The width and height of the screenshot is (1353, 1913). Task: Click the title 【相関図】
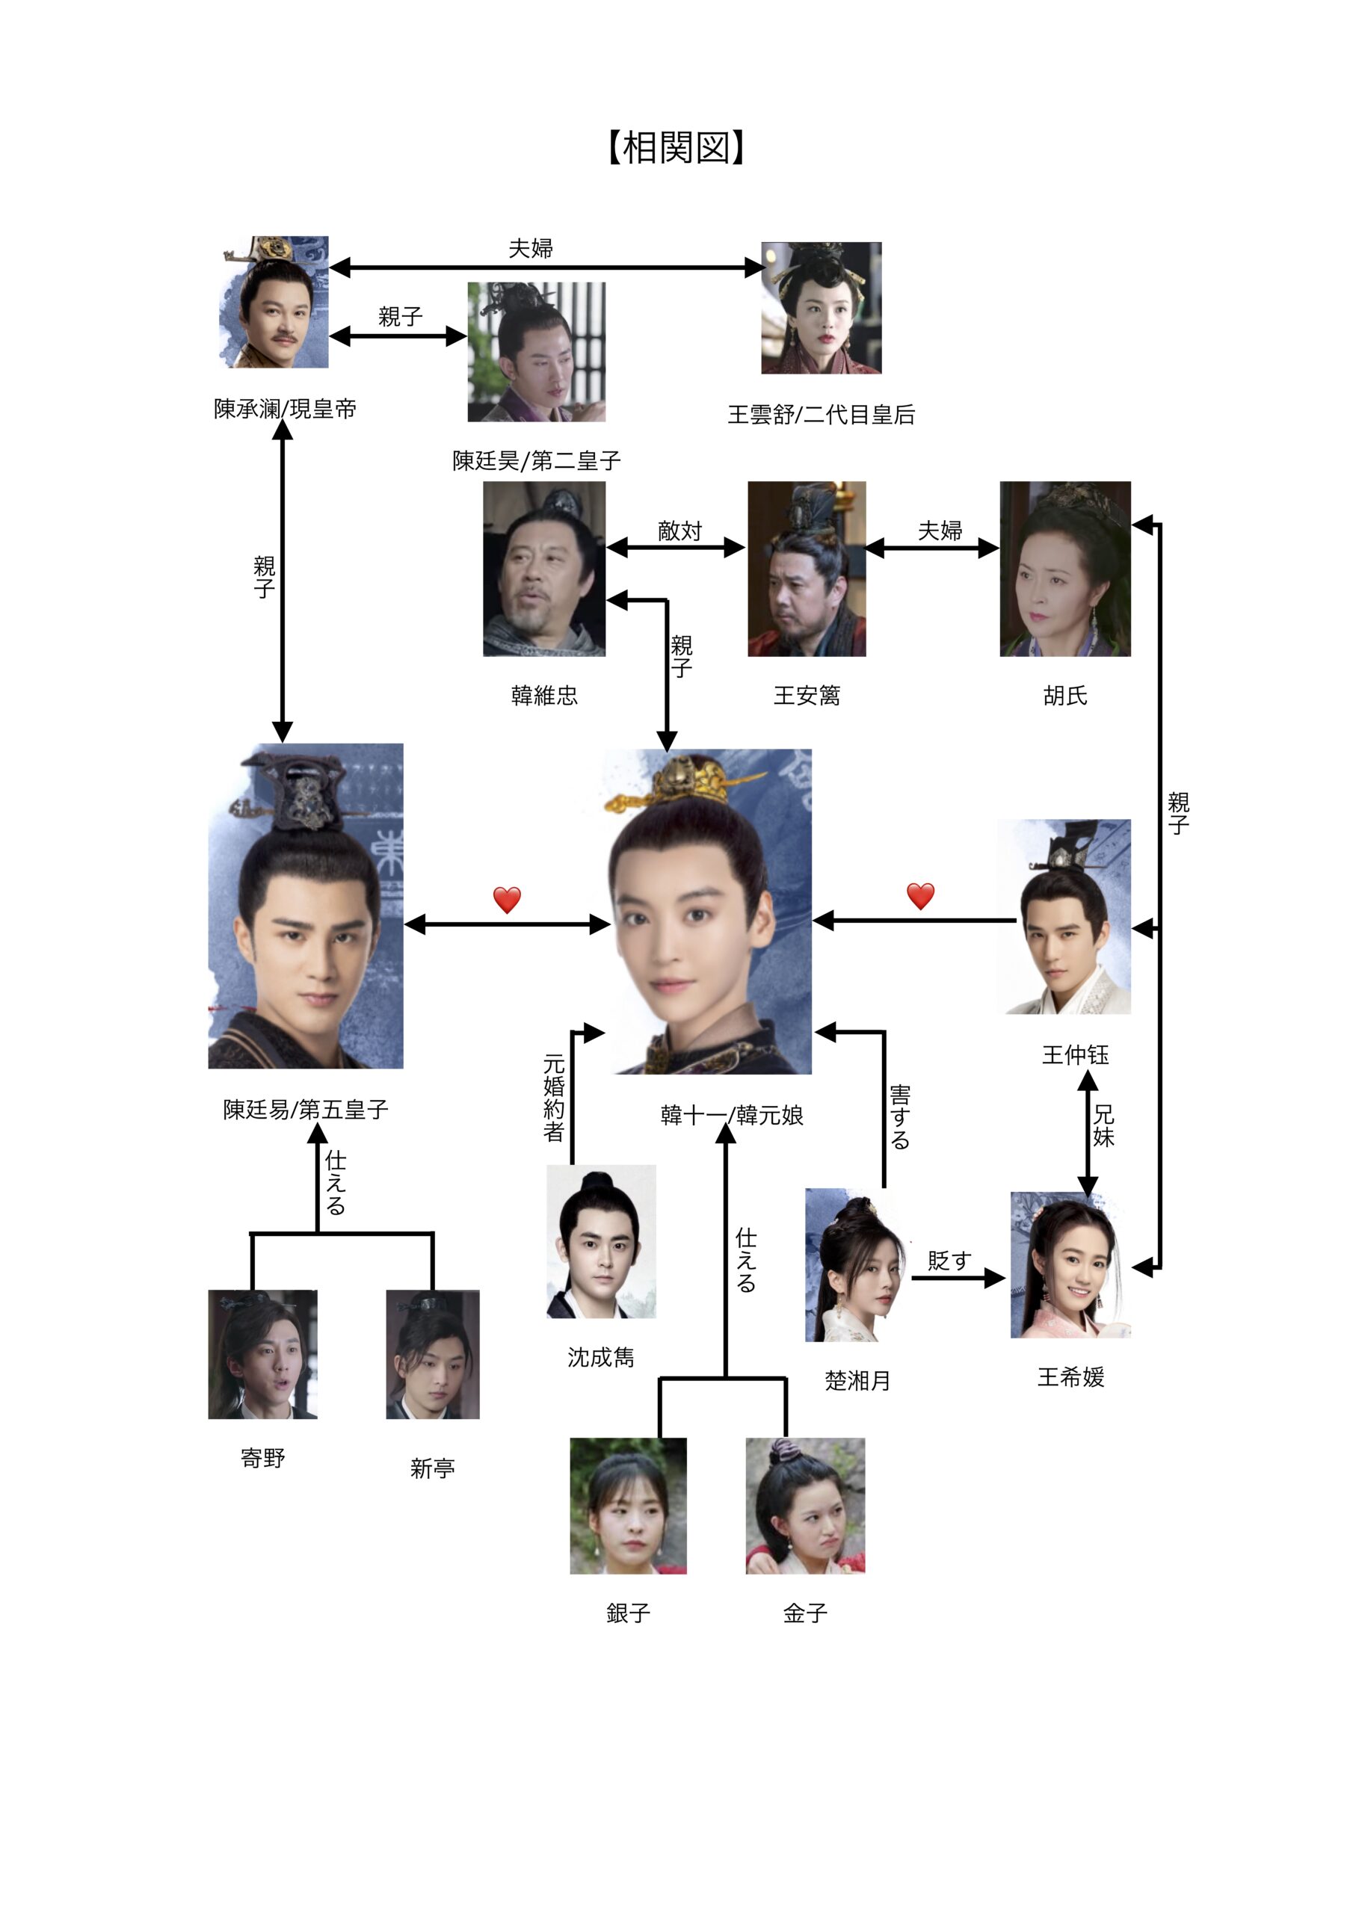676,147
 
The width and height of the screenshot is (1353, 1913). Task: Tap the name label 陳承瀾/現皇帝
285,409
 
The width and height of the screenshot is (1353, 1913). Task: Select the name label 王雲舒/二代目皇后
821,415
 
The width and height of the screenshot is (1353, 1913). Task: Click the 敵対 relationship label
679,531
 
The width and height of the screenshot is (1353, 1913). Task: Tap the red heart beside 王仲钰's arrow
920,896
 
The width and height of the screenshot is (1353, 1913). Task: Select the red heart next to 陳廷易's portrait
507,899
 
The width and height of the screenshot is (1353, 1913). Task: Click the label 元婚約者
555,1097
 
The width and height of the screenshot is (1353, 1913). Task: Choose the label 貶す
949,1261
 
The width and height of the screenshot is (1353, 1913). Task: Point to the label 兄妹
1104,1125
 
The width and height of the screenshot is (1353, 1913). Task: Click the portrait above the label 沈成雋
600,1240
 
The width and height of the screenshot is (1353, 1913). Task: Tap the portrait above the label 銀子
628,1506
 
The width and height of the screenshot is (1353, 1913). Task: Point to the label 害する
899,1117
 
